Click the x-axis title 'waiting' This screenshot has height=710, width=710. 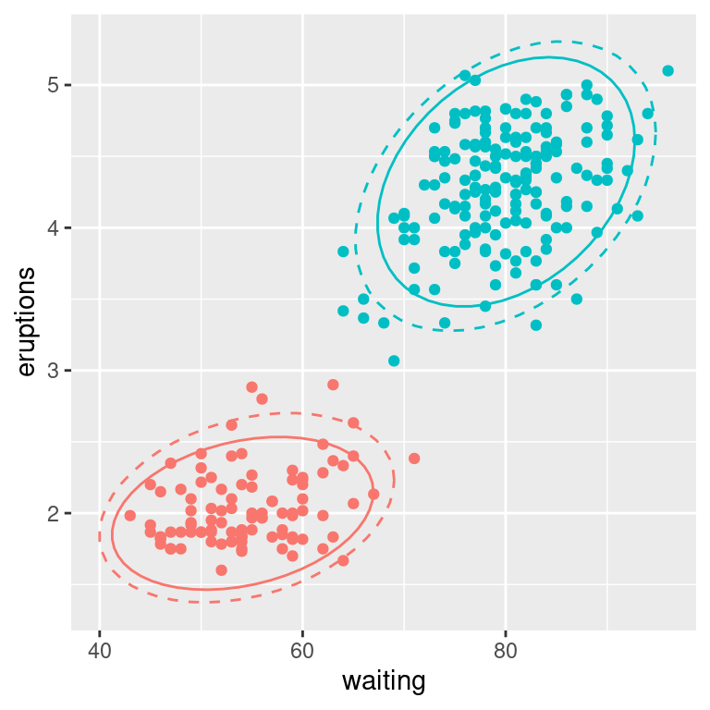(384, 682)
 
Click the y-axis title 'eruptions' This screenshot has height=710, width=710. (27, 322)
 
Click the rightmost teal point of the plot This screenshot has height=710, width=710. (667, 70)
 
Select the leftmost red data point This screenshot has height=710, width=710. (130, 515)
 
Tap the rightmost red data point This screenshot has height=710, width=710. (414, 458)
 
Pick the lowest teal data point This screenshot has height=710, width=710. (394, 361)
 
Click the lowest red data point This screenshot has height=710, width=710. (221, 569)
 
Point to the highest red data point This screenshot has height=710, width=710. (333, 385)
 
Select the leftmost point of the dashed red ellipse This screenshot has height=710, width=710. (99, 536)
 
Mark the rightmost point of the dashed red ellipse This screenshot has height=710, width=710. (394, 479)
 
